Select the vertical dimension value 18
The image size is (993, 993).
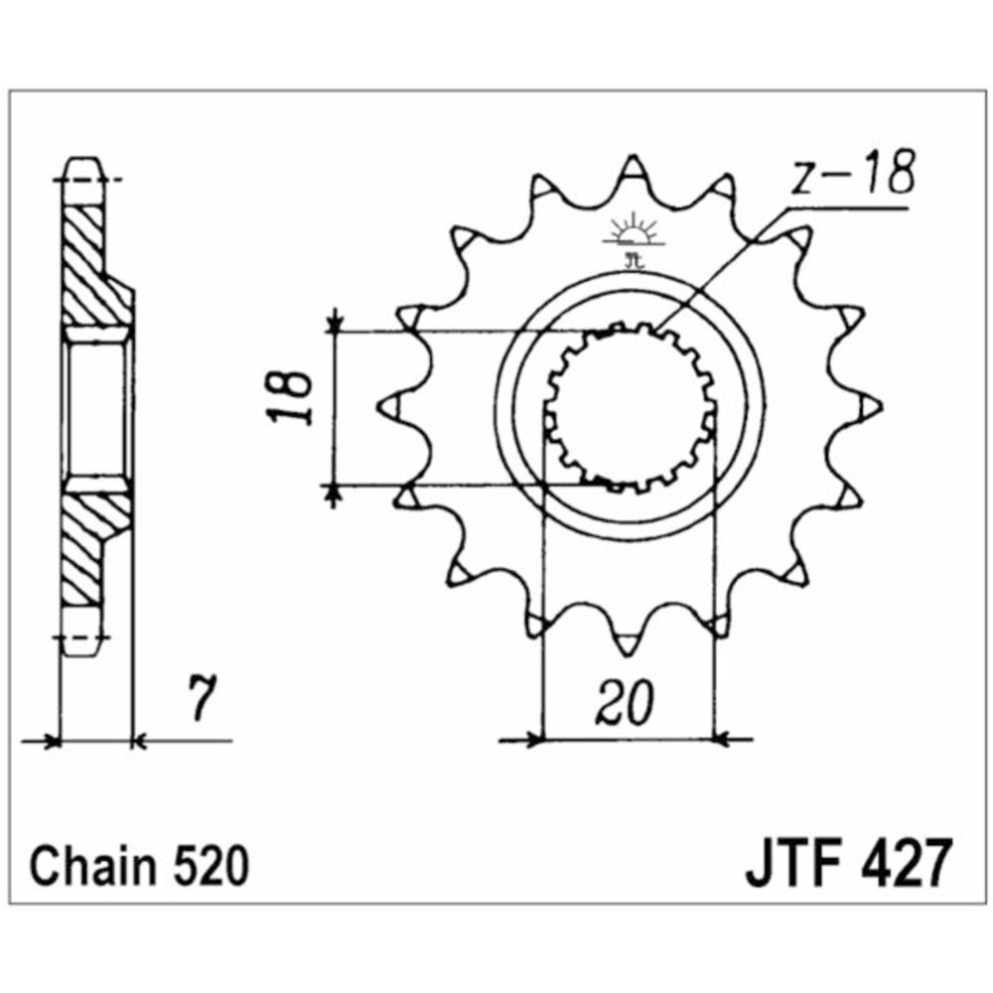point(290,398)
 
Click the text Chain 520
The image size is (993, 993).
point(137,866)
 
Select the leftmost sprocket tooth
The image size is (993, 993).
point(390,406)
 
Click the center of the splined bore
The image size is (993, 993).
point(630,408)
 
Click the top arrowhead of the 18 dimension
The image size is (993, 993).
point(337,322)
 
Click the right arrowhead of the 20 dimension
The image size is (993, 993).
point(722,739)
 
